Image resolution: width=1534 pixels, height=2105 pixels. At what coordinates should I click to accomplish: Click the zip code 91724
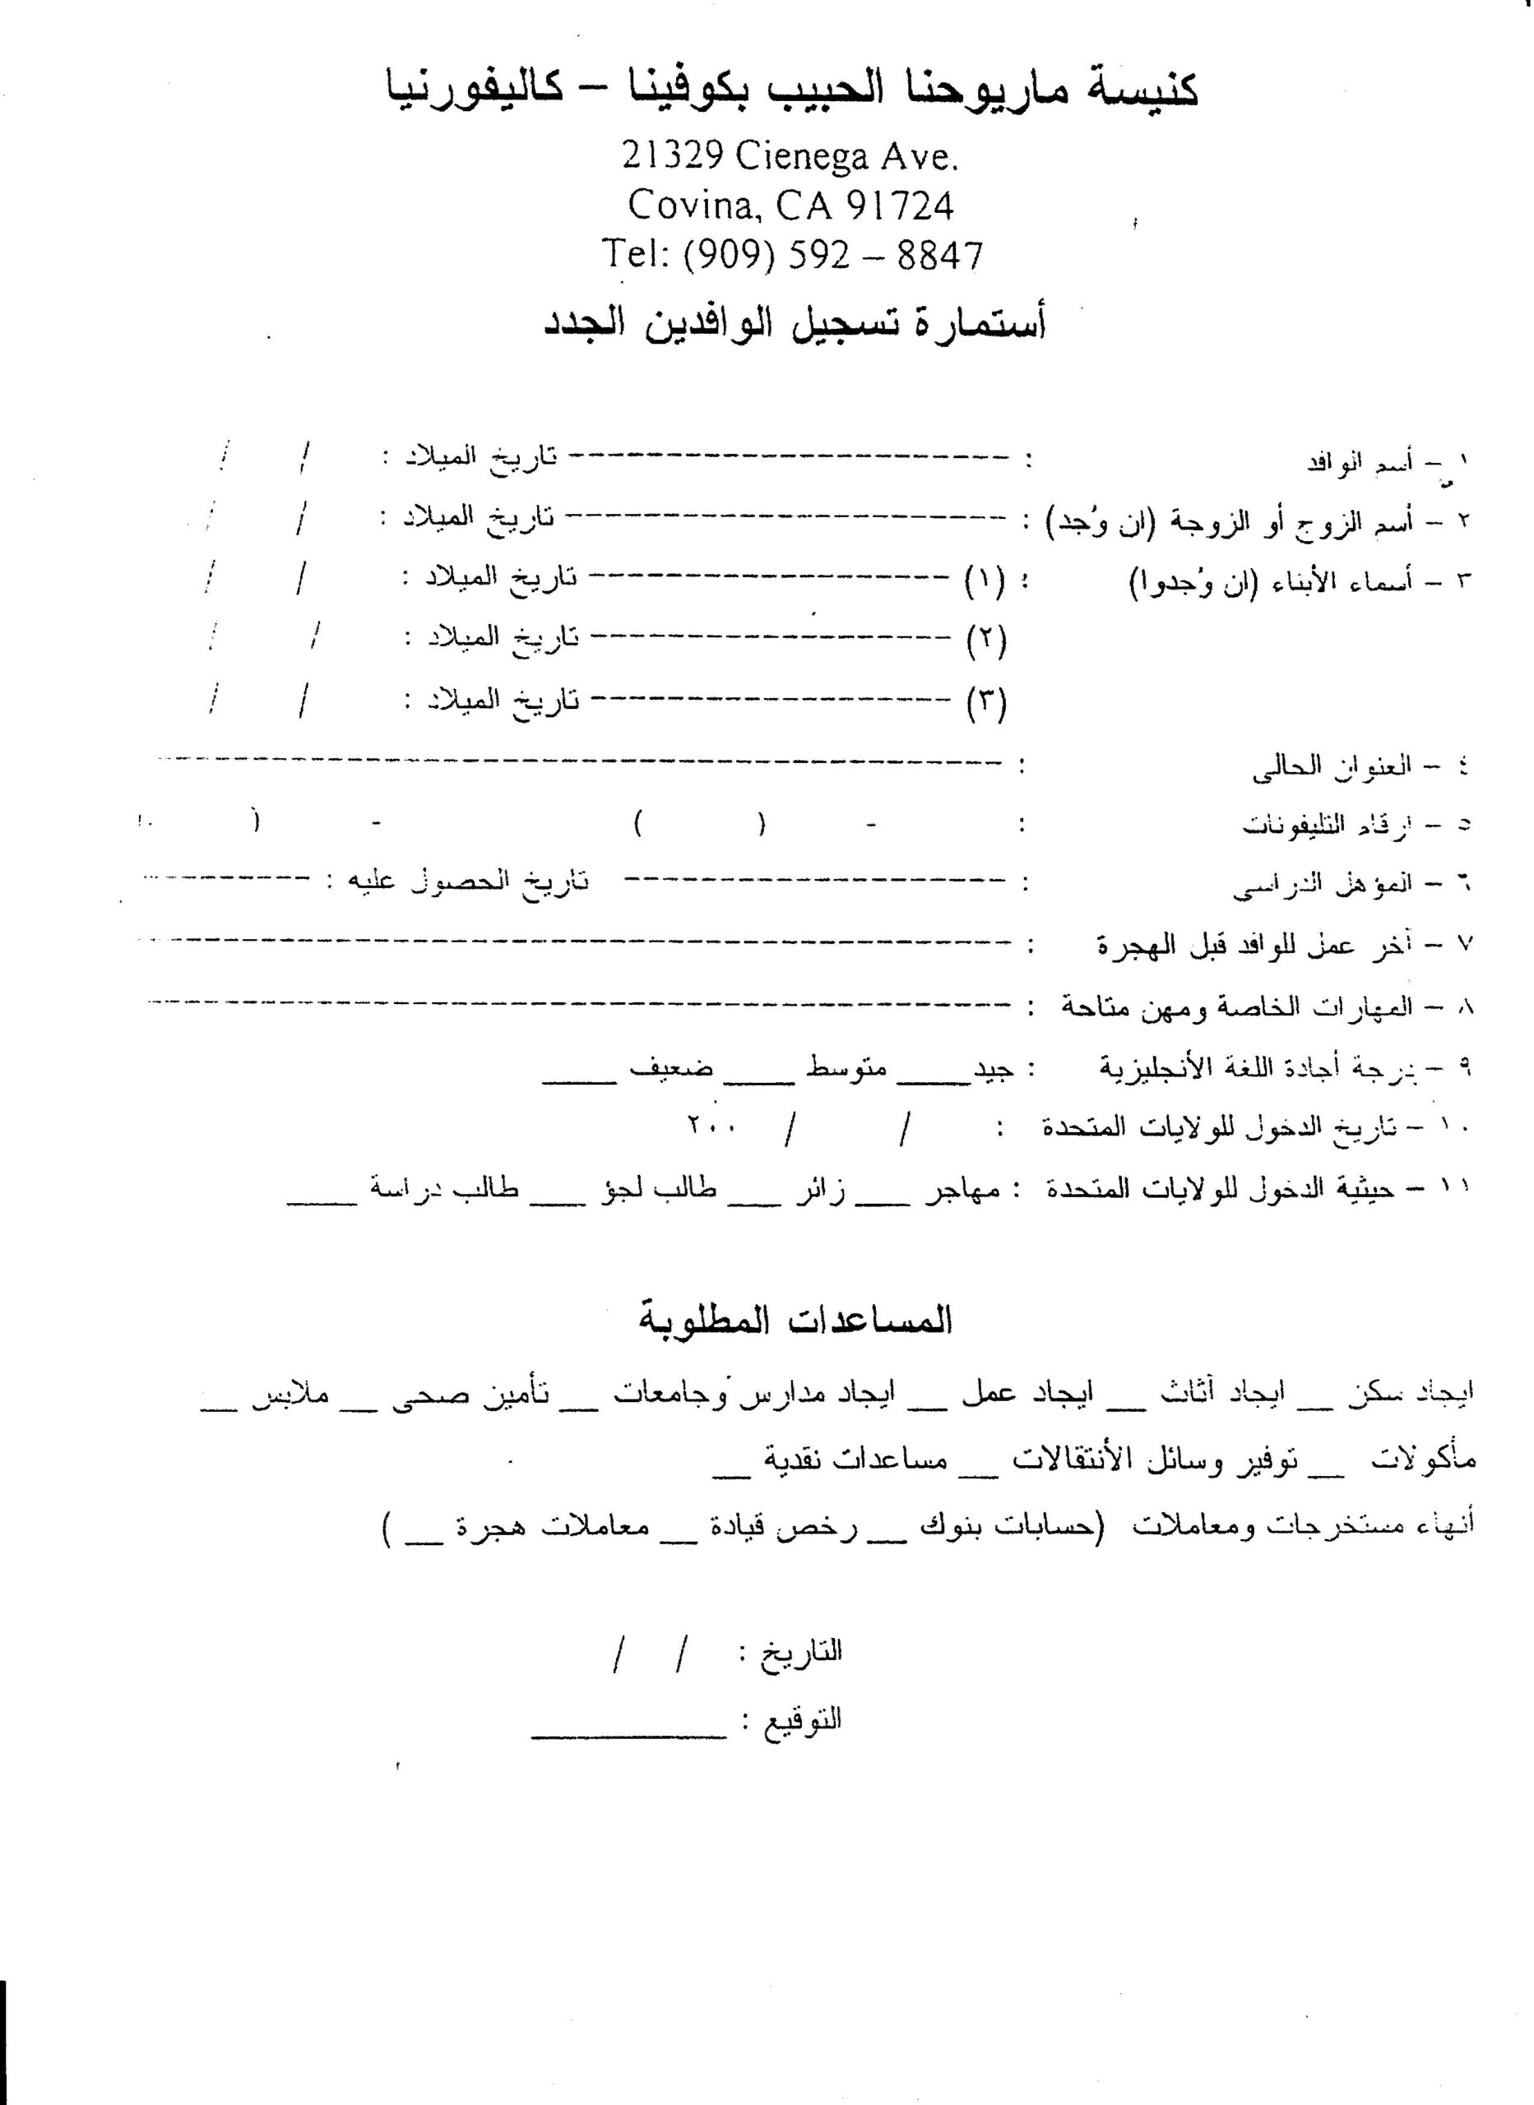(900, 205)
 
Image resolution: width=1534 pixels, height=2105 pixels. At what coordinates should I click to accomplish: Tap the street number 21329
(672, 156)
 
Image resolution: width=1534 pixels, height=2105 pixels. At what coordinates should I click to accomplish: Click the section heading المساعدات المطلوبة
(795, 1321)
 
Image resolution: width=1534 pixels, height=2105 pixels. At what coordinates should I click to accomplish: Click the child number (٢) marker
(986, 640)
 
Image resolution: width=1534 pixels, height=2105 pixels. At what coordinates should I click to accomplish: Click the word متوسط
(846, 1067)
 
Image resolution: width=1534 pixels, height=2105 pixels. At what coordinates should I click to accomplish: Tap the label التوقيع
(802, 1719)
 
